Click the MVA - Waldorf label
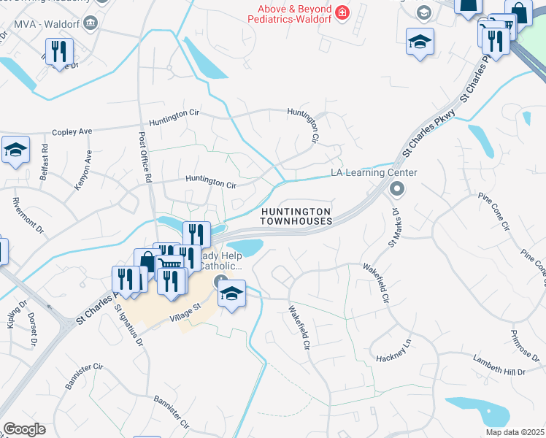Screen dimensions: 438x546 tap(42, 23)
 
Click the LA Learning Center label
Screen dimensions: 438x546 tap(374, 173)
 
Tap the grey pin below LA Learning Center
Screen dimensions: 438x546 tap(397, 190)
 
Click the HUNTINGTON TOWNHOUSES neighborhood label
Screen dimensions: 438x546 tap(296, 216)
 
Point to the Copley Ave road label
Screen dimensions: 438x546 tap(72, 132)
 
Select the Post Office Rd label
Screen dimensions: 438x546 tap(147, 157)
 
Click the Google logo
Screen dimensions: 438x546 tap(24, 429)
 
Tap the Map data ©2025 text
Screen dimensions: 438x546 tap(514, 432)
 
